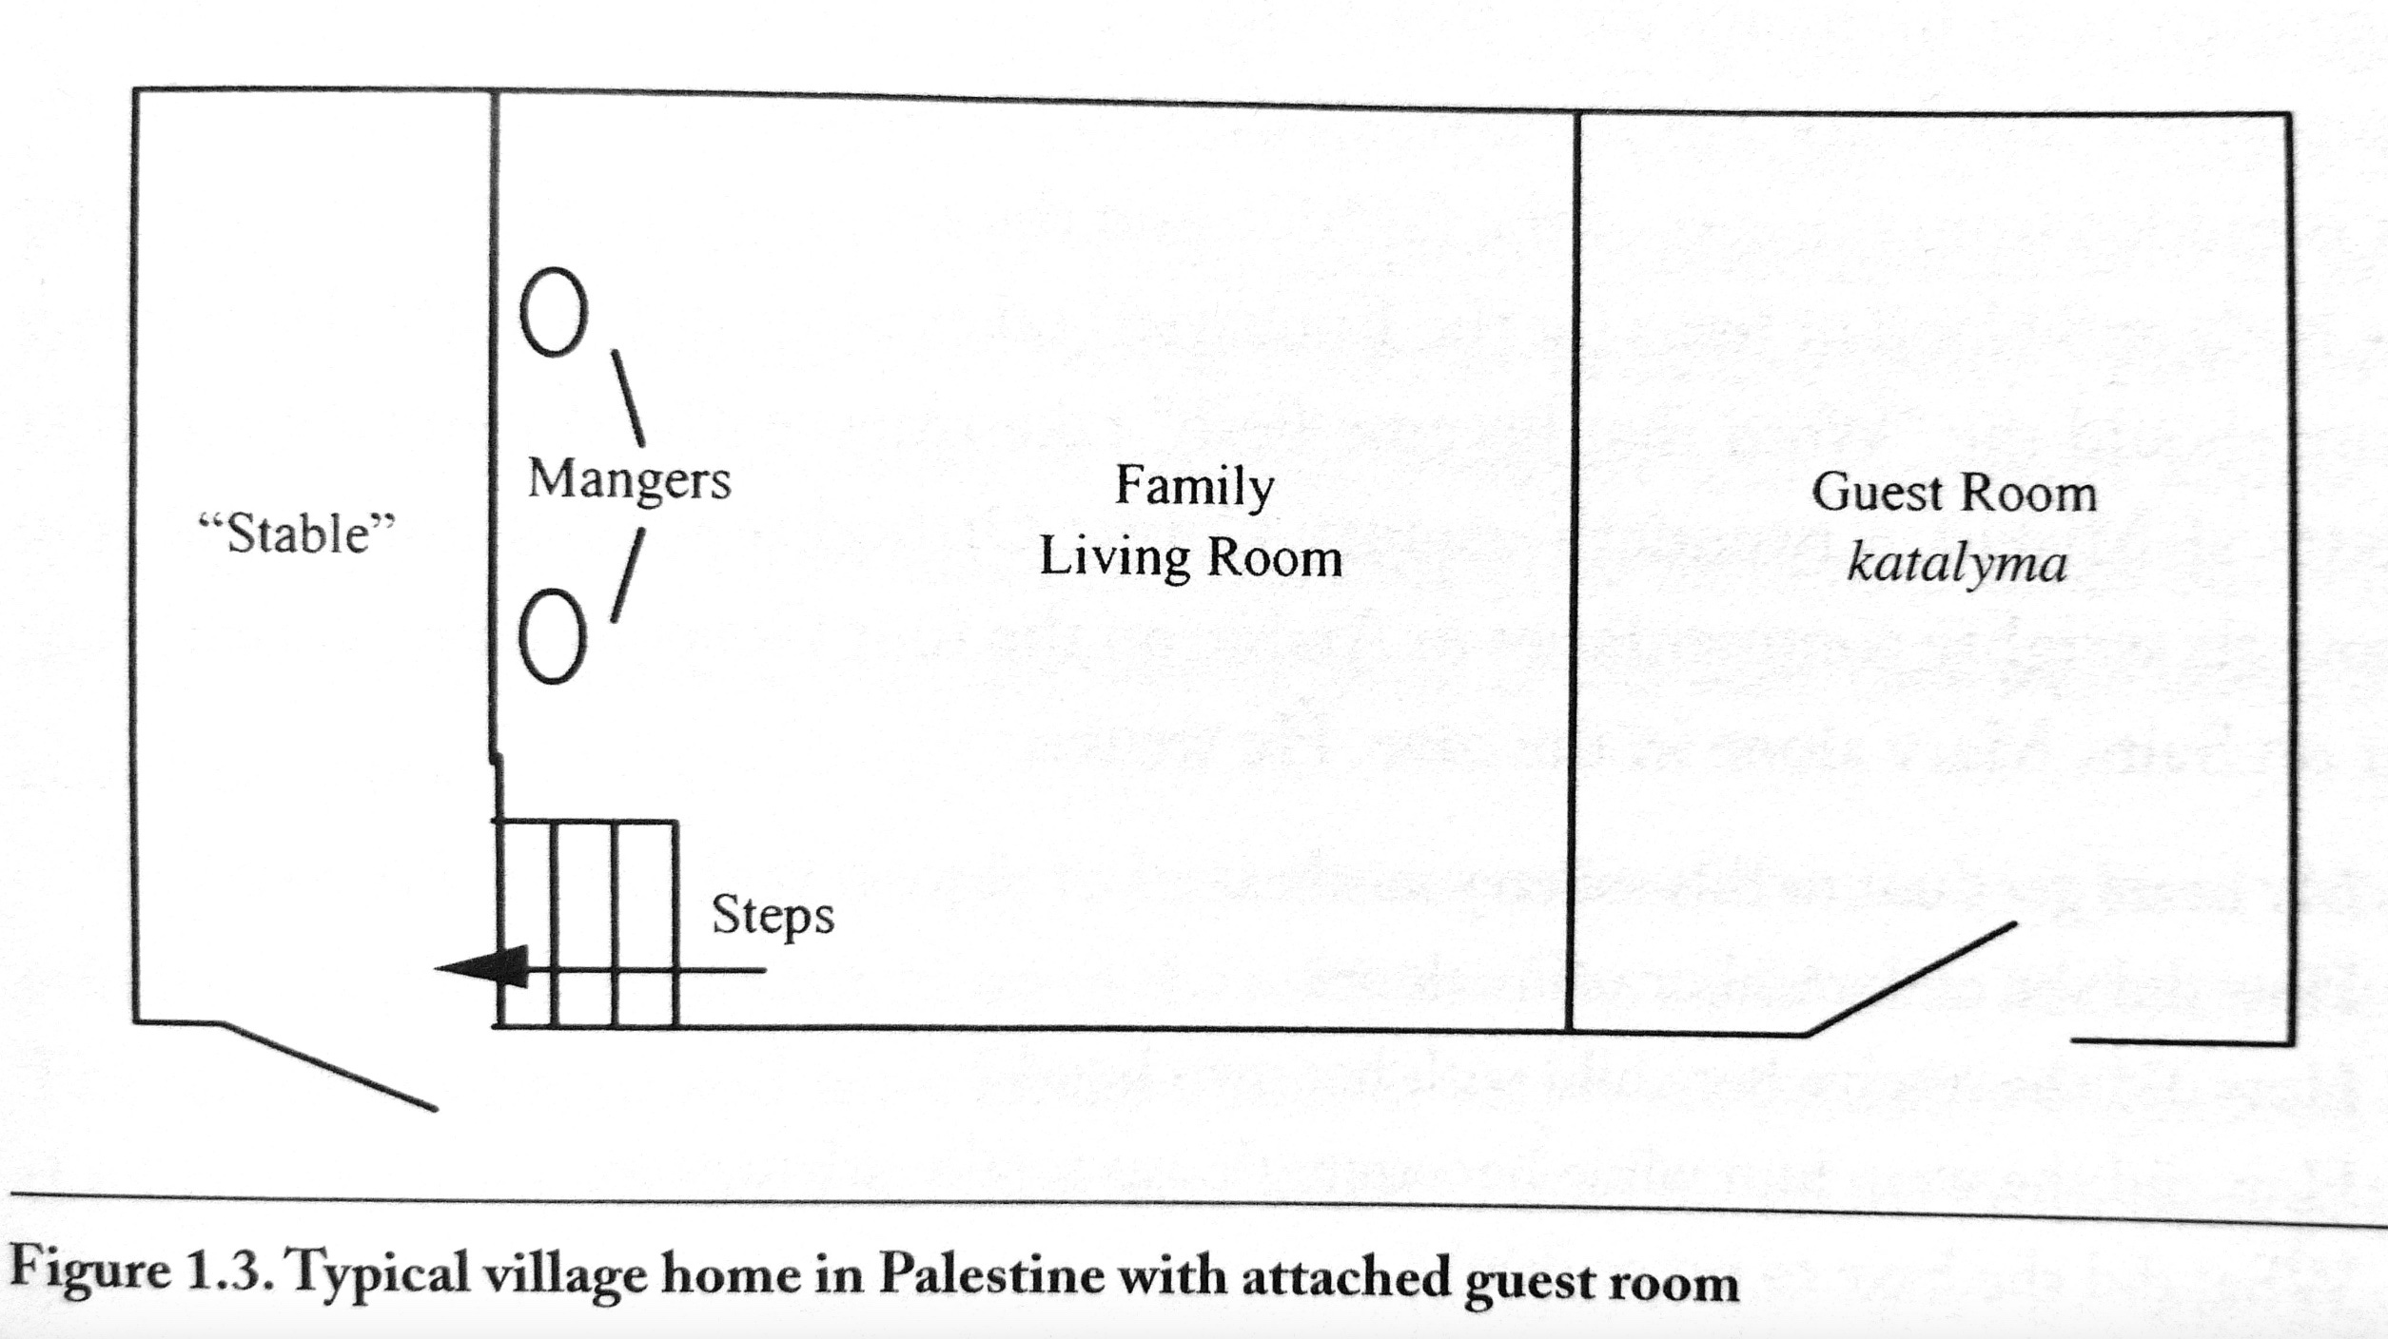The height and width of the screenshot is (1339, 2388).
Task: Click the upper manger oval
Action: click(553, 312)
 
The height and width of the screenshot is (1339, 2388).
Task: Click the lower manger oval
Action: click(552, 636)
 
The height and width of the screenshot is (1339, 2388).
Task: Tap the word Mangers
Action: click(629, 479)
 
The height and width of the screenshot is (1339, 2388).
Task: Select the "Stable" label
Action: click(296, 534)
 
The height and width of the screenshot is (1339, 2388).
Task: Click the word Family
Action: click(1194, 488)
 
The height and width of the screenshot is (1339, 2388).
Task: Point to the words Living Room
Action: click(1190, 557)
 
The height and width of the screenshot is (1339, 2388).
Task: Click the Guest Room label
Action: click(1953, 494)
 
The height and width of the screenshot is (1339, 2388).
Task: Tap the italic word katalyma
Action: click(1957, 565)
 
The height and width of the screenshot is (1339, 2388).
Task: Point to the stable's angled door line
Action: click(329, 1066)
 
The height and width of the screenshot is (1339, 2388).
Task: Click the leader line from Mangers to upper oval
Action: click(627, 398)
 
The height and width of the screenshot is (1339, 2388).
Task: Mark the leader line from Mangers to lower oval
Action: click(628, 575)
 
